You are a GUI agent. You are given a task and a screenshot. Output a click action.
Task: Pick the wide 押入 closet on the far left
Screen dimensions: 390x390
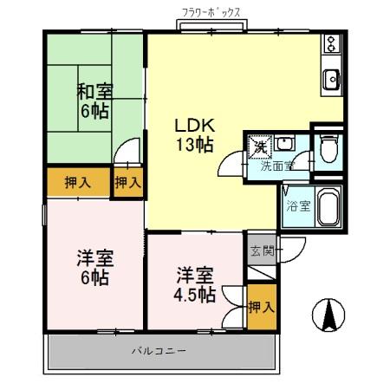point(78,182)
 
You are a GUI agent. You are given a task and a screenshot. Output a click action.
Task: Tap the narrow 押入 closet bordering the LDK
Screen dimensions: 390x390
point(128,182)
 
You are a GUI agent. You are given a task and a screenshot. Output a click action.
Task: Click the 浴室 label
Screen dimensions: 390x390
point(296,206)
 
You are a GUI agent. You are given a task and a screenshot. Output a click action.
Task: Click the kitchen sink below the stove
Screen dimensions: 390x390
point(332,81)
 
